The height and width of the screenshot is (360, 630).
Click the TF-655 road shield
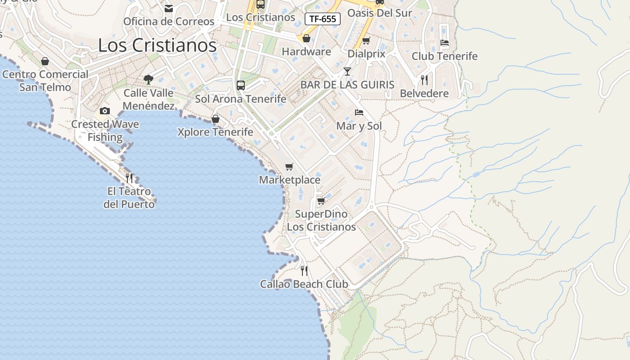point(323,19)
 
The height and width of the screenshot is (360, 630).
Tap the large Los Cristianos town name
point(157,45)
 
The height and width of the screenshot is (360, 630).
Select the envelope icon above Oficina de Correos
point(169,9)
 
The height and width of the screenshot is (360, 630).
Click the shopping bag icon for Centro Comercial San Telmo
point(45,61)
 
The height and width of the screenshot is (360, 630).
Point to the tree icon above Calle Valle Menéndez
point(148,80)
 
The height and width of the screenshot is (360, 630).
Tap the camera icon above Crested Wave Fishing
point(105,111)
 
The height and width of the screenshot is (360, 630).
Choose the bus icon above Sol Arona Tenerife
point(241,85)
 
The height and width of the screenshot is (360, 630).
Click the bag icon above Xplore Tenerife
point(216,119)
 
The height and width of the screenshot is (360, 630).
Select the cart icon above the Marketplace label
point(289,167)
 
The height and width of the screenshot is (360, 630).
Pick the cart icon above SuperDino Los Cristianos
point(321,201)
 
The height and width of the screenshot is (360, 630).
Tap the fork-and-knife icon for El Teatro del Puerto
point(129,178)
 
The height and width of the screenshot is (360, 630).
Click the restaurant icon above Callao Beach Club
point(304,271)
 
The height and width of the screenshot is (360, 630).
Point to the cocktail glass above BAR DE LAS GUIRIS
point(347,72)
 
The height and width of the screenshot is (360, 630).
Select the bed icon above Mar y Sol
point(359,112)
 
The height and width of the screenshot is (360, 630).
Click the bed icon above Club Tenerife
point(445,43)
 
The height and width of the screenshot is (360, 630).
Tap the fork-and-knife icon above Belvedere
point(424,80)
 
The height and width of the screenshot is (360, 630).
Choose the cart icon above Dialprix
point(366,41)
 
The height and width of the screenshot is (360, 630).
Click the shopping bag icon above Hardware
point(306,38)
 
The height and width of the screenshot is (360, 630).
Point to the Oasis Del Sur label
point(380,13)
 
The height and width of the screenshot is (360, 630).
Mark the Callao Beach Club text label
point(304,284)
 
